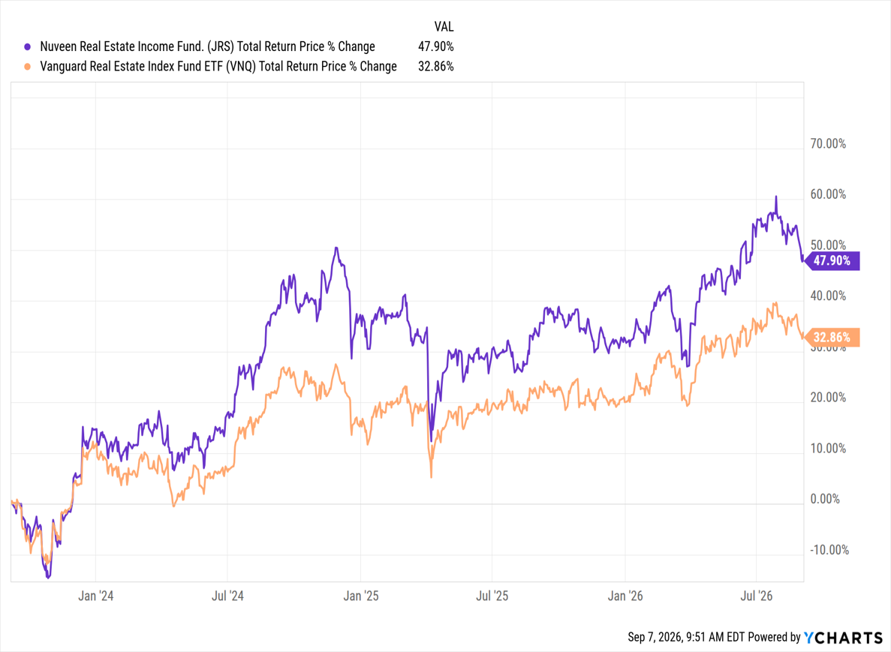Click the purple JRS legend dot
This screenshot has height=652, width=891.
point(27,47)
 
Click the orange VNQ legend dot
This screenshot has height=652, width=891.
point(27,67)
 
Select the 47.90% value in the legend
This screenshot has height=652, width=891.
point(436,47)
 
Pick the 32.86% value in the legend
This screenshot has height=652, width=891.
point(436,67)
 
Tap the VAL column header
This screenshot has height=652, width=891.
point(444,27)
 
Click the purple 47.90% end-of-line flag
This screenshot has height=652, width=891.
point(832,260)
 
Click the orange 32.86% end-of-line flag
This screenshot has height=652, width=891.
point(832,338)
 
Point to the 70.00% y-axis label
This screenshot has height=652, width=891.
point(828,144)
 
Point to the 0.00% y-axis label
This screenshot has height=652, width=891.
point(825,499)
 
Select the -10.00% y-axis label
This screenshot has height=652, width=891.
point(829,550)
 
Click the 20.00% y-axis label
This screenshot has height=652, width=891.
point(828,398)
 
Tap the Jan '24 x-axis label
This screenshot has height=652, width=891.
point(95,596)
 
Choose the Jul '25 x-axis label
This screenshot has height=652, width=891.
point(492,596)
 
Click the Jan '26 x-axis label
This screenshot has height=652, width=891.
point(625,596)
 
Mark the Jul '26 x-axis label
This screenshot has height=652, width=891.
point(757,596)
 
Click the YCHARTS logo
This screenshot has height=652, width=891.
point(843,638)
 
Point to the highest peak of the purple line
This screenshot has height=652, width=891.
point(776,197)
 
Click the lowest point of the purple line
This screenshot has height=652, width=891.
point(48,578)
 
